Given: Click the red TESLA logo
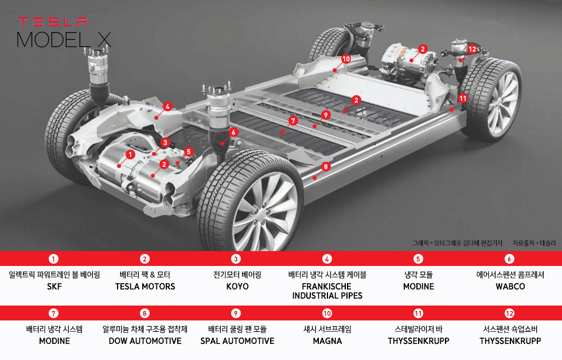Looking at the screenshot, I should pos(52,22).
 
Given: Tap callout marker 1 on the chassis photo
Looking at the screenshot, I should pos(130,154).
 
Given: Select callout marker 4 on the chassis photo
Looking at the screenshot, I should pos(167,106).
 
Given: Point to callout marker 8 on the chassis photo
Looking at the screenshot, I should pos(326,167).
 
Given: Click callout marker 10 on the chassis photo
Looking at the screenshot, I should pos(346,58).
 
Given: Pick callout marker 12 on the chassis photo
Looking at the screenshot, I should pos(472,49).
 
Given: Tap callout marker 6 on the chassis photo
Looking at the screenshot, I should pos(233,132).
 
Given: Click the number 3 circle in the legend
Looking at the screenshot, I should pos(236,259).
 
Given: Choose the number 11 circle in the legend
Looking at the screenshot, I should pos(418,313).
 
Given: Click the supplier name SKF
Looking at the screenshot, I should pos(54,286).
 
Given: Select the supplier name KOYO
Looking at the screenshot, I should pos(237,286).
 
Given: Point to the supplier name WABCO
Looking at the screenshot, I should pos(510,286).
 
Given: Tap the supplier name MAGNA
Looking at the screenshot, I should pos(327,341).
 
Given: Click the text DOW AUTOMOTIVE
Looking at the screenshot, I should pos(145,341).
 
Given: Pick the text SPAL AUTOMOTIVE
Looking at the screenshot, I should pos(237,341).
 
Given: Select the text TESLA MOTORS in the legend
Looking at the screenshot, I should pos(145,286).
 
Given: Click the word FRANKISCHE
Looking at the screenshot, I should pos(327,286).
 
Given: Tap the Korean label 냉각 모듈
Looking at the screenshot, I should pos(418,275).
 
